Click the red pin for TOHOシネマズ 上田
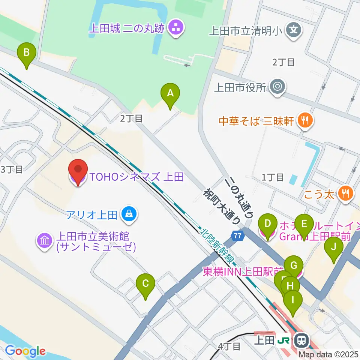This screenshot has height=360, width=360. point(77,172)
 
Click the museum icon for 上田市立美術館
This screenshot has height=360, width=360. point(45,240)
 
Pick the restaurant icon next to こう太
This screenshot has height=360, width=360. point(345,193)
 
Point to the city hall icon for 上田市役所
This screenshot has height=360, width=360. point(278,87)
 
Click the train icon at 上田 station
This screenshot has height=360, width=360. point(301,340)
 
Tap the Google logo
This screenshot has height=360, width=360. point(25,351)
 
